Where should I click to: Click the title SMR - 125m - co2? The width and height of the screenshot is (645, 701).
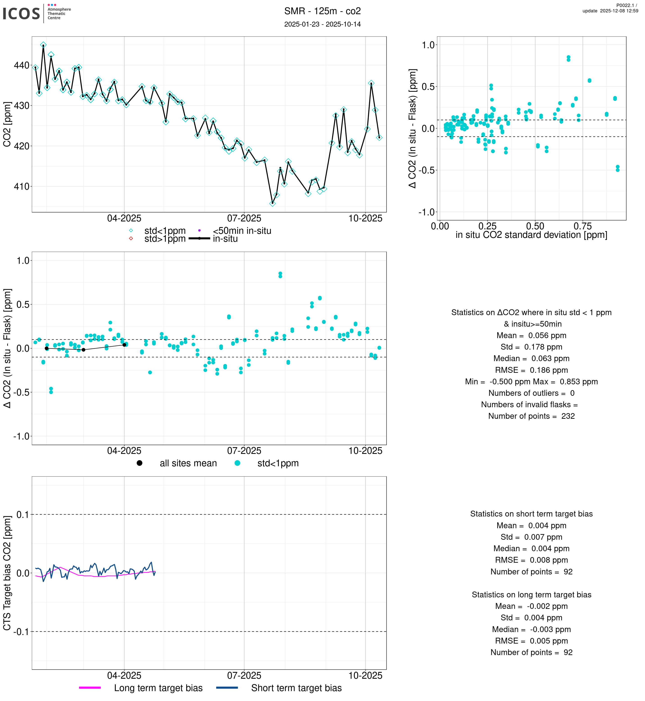click(322, 11)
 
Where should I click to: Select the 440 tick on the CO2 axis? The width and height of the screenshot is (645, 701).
click(21, 65)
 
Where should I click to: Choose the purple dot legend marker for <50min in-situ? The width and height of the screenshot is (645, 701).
click(199, 230)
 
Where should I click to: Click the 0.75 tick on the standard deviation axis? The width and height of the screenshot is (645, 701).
click(582, 226)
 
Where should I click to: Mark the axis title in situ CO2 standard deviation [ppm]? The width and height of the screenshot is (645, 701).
click(531, 235)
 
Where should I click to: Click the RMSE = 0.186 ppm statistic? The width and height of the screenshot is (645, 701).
click(531, 370)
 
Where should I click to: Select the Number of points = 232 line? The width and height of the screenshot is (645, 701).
click(531, 416)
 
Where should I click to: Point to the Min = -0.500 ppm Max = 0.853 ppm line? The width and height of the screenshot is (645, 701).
click(531, 382)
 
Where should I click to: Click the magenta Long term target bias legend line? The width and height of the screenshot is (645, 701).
click(90, 688)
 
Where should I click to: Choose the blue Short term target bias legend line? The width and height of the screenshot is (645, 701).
click(227, 688)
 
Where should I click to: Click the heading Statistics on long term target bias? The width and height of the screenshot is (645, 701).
click(531, 595)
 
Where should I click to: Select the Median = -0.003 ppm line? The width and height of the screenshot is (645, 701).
click(531, 629)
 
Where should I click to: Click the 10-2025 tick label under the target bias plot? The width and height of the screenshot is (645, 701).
click(365, 676)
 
